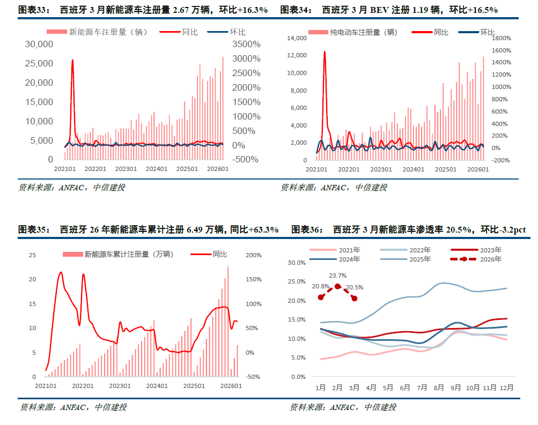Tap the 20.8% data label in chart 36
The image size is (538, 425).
click(x=320, y=286)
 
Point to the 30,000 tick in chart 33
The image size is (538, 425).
click(x=39, y=44)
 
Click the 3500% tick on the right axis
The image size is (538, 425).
click(x=247, y=44)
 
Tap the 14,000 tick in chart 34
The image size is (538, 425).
click(x=297, y=38)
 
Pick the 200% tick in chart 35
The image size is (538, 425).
click(x=253, y=255)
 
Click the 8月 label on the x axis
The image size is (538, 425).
click(x=439, y=387)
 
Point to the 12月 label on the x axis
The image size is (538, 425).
click(x=506, y=387)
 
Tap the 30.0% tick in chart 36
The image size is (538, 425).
click(x=297, y=263)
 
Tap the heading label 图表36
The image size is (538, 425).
click(x=305, y=229)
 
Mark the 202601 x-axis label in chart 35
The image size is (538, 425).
click(x=231, y=386)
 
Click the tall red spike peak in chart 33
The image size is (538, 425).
click(x=72, y=60)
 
